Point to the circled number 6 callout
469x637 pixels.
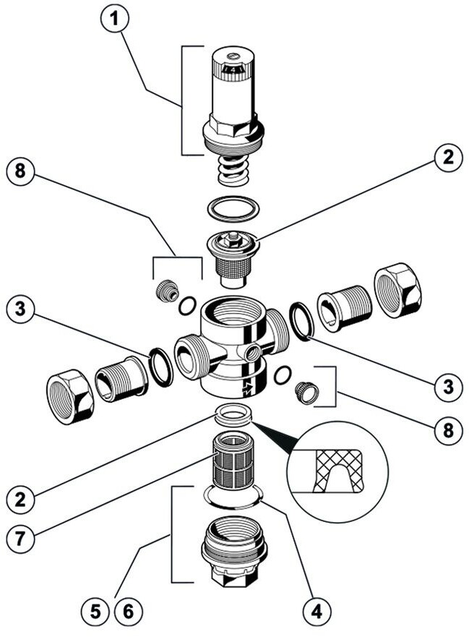[128, 611]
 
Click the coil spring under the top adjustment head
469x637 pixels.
[232, 174]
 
